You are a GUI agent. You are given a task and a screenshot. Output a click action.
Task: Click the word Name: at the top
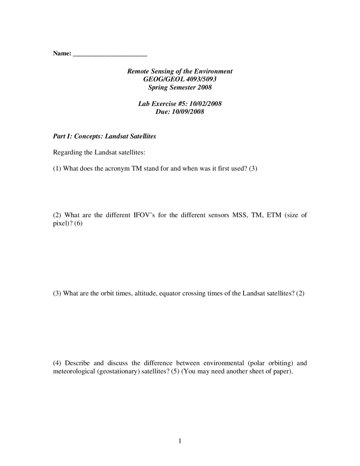coord(62,53)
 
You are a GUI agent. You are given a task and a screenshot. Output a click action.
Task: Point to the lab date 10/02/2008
coord(206,104)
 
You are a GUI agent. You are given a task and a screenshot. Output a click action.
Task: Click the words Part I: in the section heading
coord(62,136)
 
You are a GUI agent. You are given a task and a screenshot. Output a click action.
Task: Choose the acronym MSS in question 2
coord(239,215)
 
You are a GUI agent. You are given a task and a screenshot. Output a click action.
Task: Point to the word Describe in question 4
coord(77,363)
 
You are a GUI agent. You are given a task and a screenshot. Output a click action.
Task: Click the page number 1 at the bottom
coord(180,441)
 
